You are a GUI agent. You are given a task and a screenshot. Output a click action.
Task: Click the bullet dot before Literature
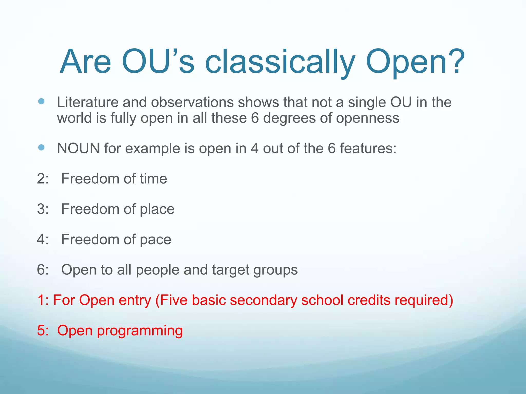tap(41, 101)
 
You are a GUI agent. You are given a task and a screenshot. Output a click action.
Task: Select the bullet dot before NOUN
tap(41, 147)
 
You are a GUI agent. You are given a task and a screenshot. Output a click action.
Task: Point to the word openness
tap(368, 118)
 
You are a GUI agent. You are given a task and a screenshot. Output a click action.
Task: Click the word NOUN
tap(78, 148)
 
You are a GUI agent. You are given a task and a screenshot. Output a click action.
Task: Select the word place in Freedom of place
tap(157, 209)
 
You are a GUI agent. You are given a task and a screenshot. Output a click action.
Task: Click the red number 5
tap(41, 330)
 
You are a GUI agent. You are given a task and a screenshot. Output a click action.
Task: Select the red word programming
tap(139, 331)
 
